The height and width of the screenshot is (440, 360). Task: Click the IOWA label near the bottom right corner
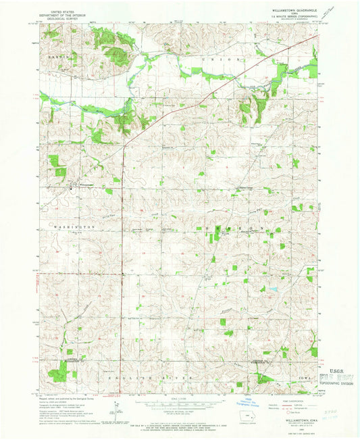302,376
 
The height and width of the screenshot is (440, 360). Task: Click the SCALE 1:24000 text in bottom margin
179,400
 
